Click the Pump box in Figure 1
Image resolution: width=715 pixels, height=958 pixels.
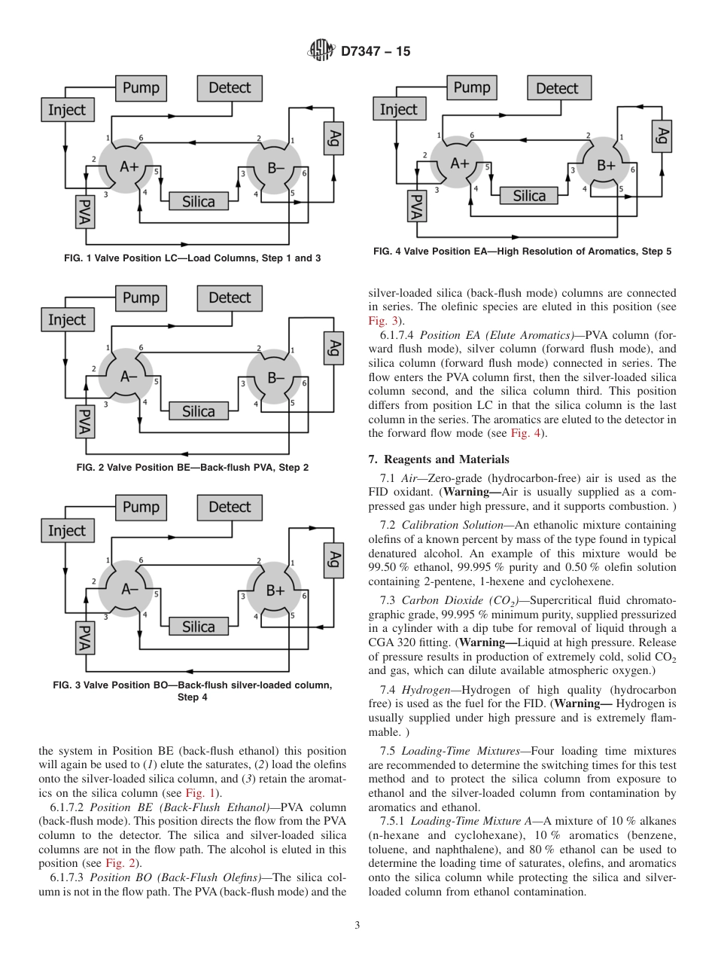pos(141,88)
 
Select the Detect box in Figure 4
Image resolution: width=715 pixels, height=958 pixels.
pos(557,88)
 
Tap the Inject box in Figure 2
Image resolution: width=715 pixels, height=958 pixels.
pos(67,319)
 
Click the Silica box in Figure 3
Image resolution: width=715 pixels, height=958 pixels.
pos(199,627)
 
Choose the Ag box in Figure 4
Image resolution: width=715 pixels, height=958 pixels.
pos(662,136)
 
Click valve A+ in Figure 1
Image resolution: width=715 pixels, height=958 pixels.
pos(125,167)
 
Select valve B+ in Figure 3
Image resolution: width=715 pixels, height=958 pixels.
pos(274,590)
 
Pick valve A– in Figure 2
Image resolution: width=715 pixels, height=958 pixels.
pos(125,377)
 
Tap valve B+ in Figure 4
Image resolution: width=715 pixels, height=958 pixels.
pos(606,166)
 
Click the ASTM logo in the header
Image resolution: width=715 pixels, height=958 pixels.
pos(321,51)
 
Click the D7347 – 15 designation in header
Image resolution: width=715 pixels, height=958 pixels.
pos(376,52)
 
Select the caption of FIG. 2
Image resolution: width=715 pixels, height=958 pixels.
pos(193,468)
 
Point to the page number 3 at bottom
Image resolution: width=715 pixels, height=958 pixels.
pos(357,925)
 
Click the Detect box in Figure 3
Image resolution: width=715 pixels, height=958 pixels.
pos(230,507)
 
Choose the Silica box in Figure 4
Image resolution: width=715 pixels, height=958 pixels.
pos(529,196)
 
